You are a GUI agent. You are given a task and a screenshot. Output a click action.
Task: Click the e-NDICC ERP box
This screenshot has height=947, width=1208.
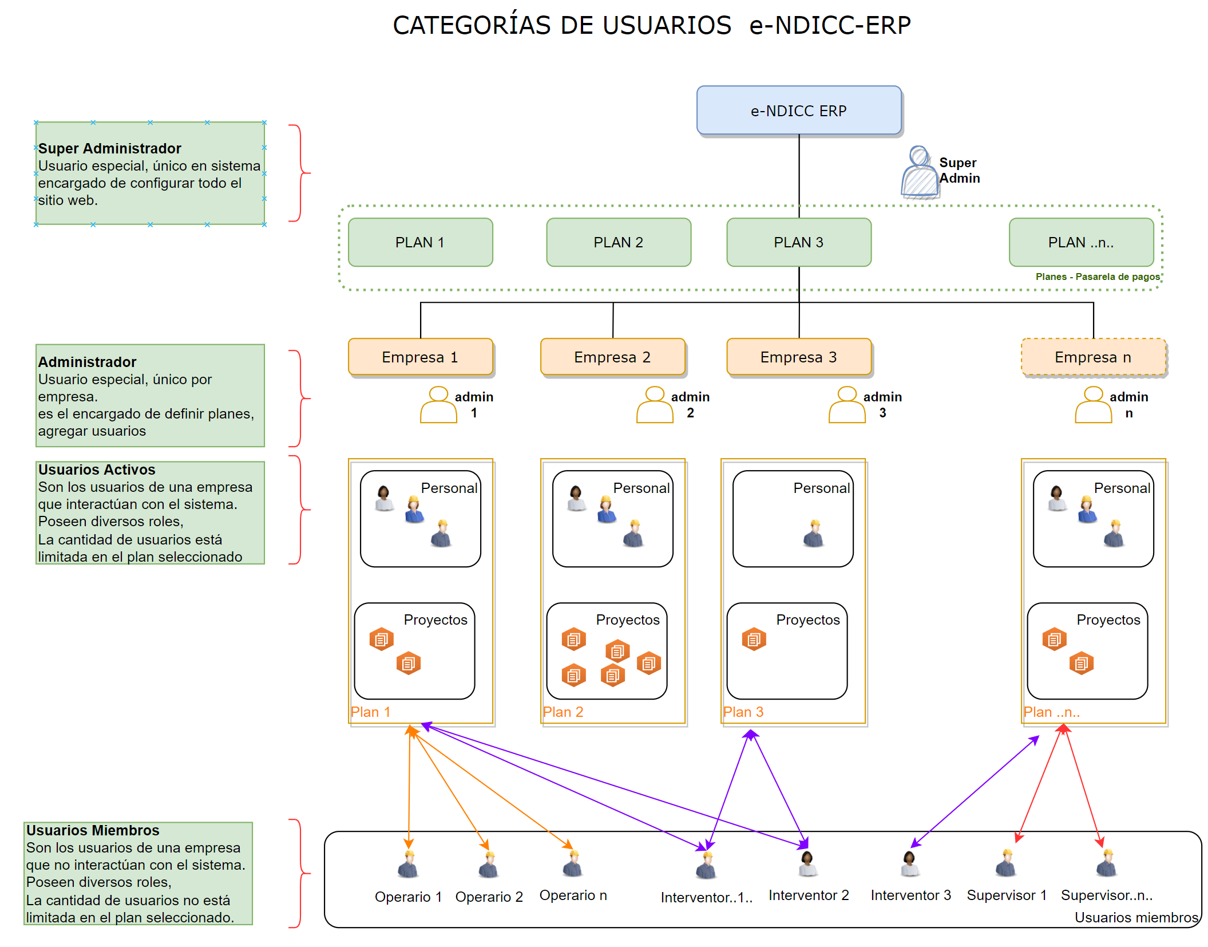pos(798,111)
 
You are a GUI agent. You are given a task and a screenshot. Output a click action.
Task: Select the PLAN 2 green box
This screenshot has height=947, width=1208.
pos(618,242)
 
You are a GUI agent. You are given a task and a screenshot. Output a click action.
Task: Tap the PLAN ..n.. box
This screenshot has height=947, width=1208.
pos(1080,242)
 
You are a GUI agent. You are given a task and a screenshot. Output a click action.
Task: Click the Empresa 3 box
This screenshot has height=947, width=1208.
pos(798,357)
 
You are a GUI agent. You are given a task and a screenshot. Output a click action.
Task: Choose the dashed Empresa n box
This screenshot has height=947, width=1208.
pos(1092,357)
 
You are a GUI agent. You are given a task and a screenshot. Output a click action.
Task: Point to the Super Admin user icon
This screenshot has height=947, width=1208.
pos(920,172)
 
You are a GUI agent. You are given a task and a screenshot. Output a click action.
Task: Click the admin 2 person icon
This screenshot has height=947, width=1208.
pos(655,405)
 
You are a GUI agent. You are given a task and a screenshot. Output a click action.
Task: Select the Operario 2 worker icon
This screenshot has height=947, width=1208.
pos(488,865)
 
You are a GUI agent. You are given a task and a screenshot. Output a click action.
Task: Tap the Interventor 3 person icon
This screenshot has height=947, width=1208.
pos(909,864)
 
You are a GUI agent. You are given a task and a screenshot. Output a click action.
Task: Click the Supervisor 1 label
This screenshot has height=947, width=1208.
pos(1006,895)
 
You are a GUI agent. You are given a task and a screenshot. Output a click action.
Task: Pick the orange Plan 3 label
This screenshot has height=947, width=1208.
pos(743,712)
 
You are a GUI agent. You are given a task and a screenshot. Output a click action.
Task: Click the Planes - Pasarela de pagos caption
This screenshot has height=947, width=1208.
pos(1097,277)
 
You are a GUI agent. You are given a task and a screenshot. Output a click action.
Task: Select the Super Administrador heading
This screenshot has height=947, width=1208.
pos(109,148)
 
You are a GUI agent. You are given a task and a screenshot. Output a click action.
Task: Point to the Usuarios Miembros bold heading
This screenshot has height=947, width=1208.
pos(93,830)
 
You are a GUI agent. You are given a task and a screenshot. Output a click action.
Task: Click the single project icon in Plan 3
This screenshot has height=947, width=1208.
pos(754,639)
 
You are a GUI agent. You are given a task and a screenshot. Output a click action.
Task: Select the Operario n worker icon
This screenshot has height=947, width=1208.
pos(572,864)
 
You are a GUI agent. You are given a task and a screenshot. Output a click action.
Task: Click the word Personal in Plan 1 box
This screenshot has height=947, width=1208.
pos(449,488)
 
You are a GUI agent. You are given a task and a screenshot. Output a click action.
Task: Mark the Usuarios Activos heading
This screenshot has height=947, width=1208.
pos(97,469)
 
